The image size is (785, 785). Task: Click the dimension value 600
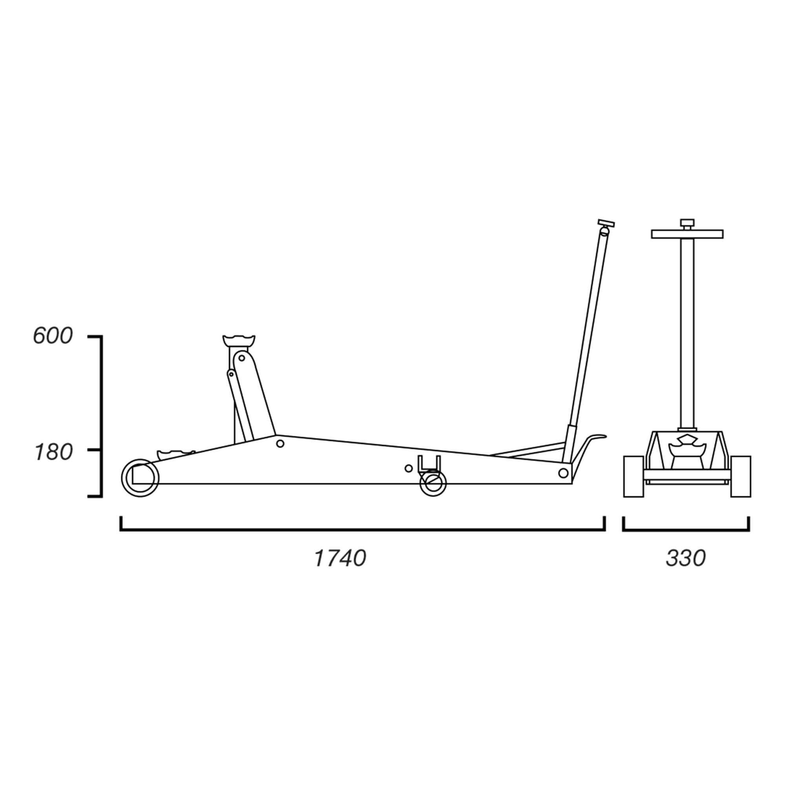tap(53, 336)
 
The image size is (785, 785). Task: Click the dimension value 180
tap(54, 452)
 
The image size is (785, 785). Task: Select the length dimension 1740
tap(340, 558)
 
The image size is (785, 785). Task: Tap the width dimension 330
tap(685, 558)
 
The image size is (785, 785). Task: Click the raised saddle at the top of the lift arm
tap(239, 340)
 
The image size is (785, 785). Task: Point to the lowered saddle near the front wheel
tap(175, 453)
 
